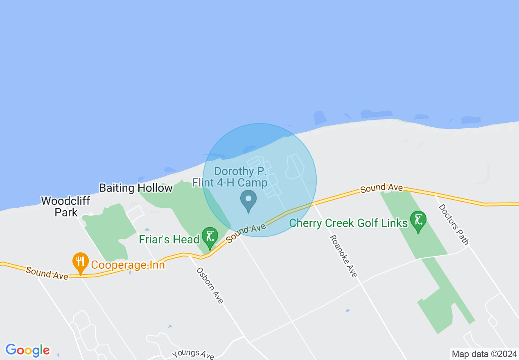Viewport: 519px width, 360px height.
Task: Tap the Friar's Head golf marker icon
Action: coord(210,237)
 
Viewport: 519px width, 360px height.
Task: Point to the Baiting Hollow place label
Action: coord(136,188)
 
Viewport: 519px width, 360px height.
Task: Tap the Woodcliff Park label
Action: coord(65,207)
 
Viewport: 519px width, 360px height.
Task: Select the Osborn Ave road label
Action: coord(210,286)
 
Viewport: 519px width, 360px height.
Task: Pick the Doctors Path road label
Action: coord(453,224)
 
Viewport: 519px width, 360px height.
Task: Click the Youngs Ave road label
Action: coord(193,354)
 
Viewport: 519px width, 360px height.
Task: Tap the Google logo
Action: coord(27,350)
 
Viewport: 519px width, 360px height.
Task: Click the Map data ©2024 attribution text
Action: coord(484,354)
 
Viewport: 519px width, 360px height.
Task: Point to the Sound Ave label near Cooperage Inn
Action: coord(47,273)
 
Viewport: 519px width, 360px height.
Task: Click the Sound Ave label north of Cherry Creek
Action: coord(381,188)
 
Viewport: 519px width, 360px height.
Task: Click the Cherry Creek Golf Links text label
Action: coord(348,223)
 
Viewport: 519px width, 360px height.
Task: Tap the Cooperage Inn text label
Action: coord(128,265)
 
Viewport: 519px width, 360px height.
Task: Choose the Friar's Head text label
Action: coord(169,239)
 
